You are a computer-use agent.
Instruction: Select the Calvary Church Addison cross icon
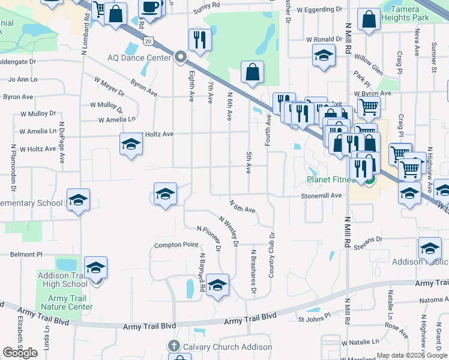point(174,346)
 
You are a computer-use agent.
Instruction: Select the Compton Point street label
point(176,245)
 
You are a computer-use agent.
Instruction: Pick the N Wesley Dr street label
point(229,232)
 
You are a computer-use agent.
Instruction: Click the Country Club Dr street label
point(271,254)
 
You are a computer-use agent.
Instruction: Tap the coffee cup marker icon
point(150,8)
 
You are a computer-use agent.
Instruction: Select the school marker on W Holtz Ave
point(131,145)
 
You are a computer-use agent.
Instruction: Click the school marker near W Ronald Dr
point(323,57)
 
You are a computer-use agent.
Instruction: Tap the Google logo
point(20,352)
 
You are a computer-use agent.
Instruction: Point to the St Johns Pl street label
point(315,316)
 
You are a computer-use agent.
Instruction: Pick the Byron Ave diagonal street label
point(144,87)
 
